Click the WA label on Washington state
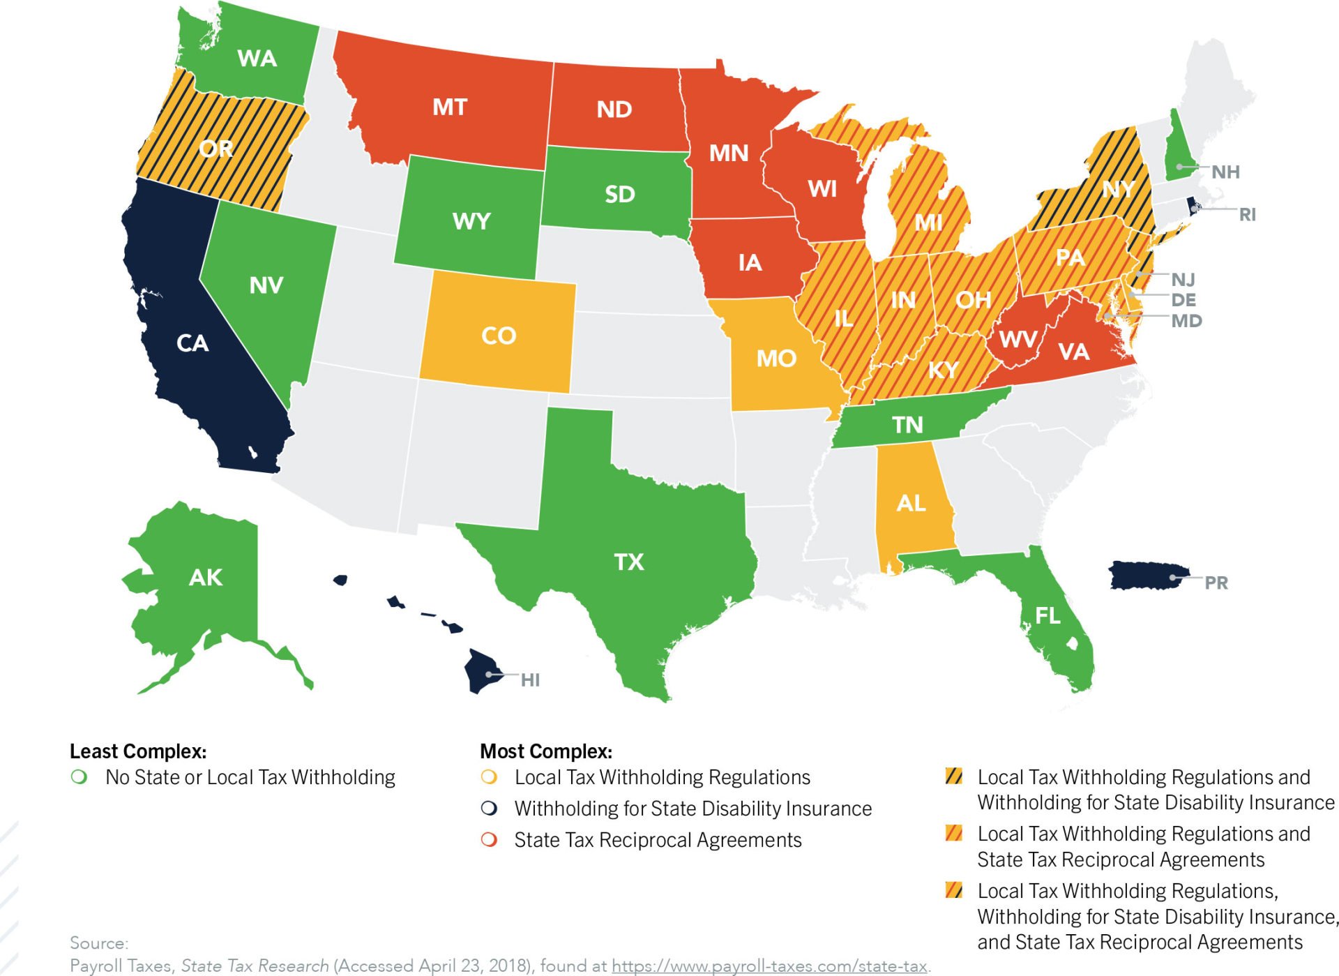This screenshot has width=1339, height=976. [x=257, y=59]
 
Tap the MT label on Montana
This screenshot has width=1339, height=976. [x=449, y=107]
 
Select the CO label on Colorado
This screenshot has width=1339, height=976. [x=498, y=336]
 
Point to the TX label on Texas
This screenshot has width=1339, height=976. [x=628, y=562]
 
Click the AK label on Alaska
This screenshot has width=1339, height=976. [x=206, y=577]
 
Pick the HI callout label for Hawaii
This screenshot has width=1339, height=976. [x=530, y=680]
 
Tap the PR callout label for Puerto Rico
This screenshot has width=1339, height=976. [x=1216, y=583]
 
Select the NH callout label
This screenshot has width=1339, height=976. [x=1225, y=172]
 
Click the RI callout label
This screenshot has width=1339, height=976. [x=1247, y=214]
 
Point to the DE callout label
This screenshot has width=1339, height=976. [x=1183, y=300]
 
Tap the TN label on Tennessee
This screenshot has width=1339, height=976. [x=907, y=424]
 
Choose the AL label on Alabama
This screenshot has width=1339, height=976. [x=911, y=503]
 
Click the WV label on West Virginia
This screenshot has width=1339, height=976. [x=1018, y=340]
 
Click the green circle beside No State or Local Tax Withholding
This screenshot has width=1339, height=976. [x=80, y=776]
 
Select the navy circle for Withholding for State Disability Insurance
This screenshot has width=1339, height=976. [x=490, y=808]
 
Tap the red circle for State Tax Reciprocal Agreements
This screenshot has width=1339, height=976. [x=490, y=839]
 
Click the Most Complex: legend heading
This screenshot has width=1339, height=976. [x=546, y=751]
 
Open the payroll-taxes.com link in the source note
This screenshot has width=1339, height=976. [x=769, y=966]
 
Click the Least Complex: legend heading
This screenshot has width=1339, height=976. [x=138, y=751]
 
